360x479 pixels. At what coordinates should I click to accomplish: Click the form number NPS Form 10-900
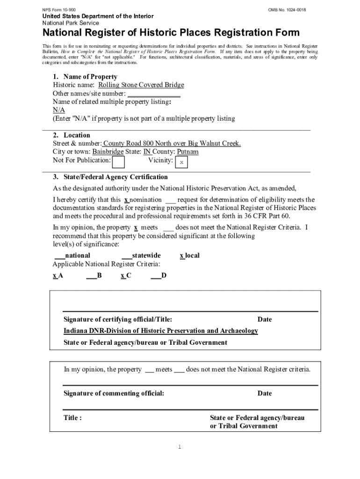[x=59, y=10]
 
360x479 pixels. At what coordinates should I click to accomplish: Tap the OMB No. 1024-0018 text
[x=287, y=10]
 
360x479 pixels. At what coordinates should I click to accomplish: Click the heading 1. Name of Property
[x=85, y=77]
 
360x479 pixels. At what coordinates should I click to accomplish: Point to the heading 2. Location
[x=72, y=135]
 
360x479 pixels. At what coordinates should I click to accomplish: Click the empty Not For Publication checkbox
[x=119, y=162]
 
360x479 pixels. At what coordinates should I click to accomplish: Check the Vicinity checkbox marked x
[x=181, y=162]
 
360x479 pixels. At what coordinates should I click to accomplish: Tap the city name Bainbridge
[x=108, y=152]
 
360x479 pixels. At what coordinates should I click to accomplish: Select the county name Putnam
[x=187, y=152]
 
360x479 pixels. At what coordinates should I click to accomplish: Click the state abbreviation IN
[x=147, y=152]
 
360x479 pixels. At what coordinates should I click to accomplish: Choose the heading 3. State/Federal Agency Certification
[x=110, y=177]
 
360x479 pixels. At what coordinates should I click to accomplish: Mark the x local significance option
[x=190, y=255]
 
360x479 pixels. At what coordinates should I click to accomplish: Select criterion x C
[x=126, y=276]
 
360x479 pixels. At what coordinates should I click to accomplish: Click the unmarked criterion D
[x=158, y=276]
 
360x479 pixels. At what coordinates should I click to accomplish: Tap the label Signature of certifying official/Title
[x=118, y=319]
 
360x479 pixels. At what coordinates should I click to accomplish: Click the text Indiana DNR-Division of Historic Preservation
[x=161, y=331]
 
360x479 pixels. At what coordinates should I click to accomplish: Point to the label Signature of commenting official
[x=114, y=393]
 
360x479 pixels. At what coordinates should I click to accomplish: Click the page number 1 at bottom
[x=179, y=447]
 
